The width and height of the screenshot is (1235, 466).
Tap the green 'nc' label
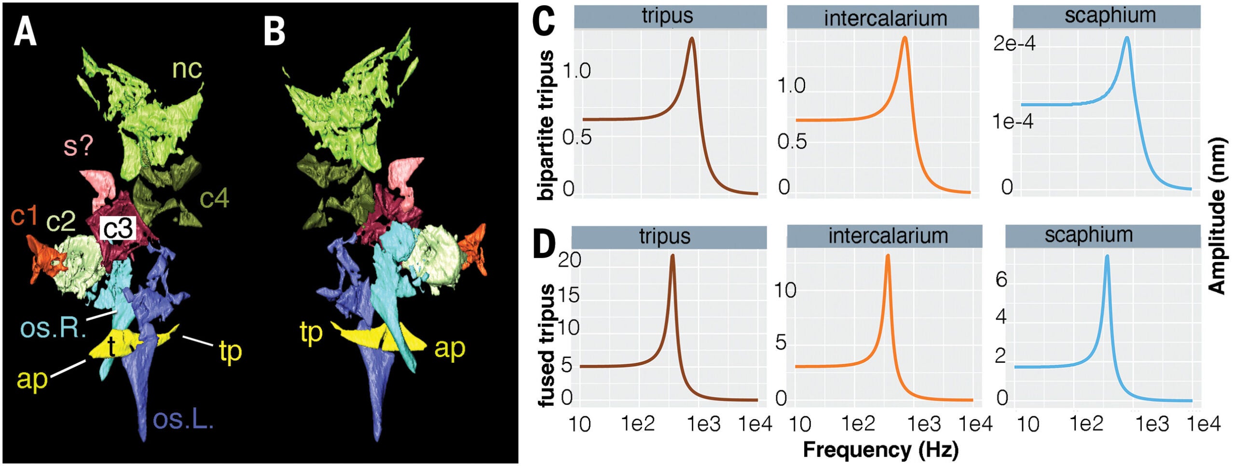(187, 69)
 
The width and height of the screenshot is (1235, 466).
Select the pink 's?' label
(78, 145)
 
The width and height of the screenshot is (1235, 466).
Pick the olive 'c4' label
(214, 198)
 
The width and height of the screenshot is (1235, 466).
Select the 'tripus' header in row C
(667, 16)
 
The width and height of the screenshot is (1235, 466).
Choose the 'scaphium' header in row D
(1088, 235)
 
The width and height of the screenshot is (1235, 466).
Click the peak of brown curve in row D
(672, 256)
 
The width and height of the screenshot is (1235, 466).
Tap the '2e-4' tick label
(1015, 44)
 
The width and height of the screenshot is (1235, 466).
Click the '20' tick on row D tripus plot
(569, 260)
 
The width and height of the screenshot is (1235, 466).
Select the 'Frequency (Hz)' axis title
(880, 449)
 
